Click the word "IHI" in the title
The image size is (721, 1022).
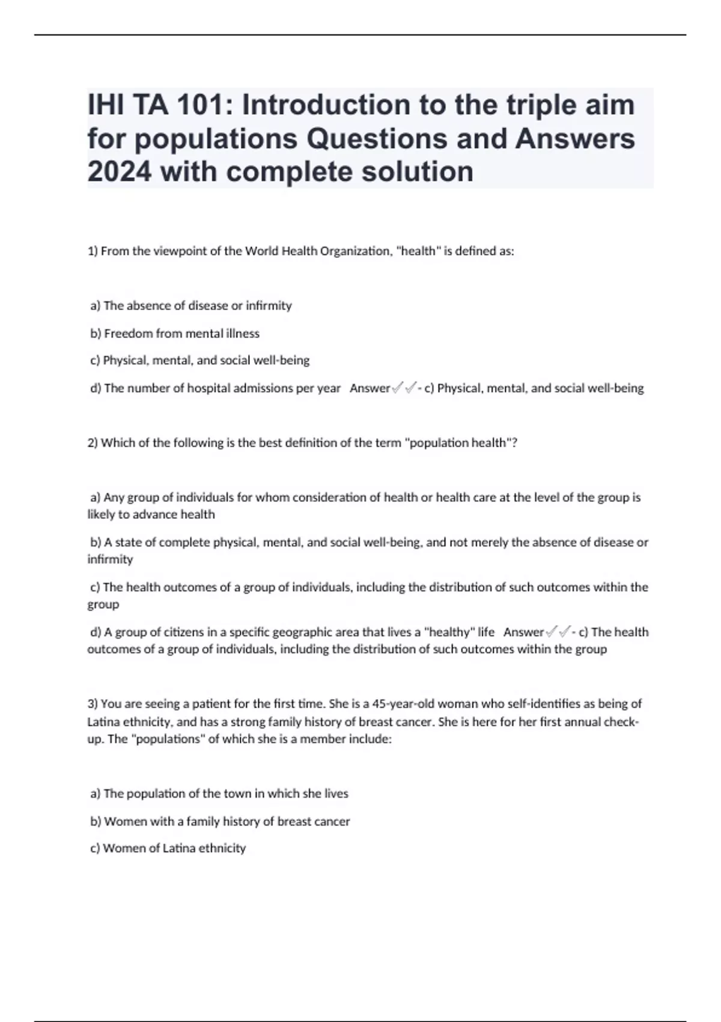pyautogui.click(x=105, y=105)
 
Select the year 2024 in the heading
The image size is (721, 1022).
pyautogui.click(x=119, y=172)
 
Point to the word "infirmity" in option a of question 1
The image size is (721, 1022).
pyautogui.click(x=269, y=305)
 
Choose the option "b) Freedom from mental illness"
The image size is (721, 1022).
pyautogui.click(x=175, y=333)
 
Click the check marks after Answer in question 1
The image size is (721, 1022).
pyautogui.click(x=404, y=388)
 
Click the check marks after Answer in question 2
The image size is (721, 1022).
pyautogui.click(x=558, y=632)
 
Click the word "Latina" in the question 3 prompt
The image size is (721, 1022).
pyautogui.click(x=104, y=721)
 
